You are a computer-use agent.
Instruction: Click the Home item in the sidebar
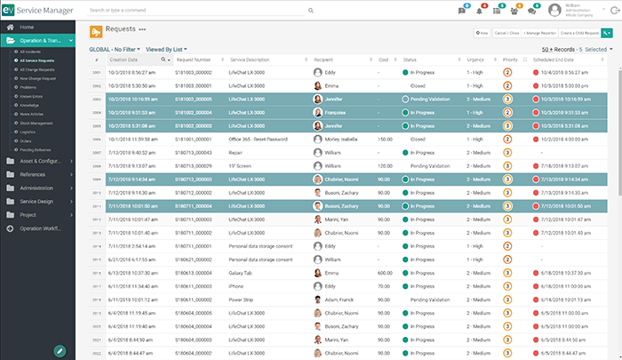[27, 28]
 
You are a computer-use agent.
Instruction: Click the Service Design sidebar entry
[36, 201]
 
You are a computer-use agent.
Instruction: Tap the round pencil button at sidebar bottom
[60, 350]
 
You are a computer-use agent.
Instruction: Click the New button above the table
[482, 32]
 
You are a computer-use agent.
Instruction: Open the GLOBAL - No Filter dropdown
[115, 50]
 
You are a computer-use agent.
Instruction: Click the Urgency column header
[475, 60]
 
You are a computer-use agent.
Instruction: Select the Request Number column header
[192, 60]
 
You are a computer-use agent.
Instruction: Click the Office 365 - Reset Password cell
[257, 140]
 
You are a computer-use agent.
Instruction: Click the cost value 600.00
[385, 273]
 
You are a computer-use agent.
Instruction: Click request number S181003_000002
[193, 72]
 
